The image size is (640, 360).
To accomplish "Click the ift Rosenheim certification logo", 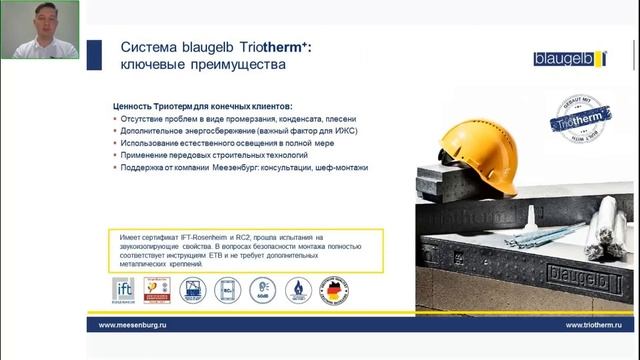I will (x=122, y=290).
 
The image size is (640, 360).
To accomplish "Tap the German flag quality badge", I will (x=333, y=290).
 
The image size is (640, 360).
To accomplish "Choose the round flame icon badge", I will (x=298, y=290).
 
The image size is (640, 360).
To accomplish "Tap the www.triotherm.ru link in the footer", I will (x=580, y=325).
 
